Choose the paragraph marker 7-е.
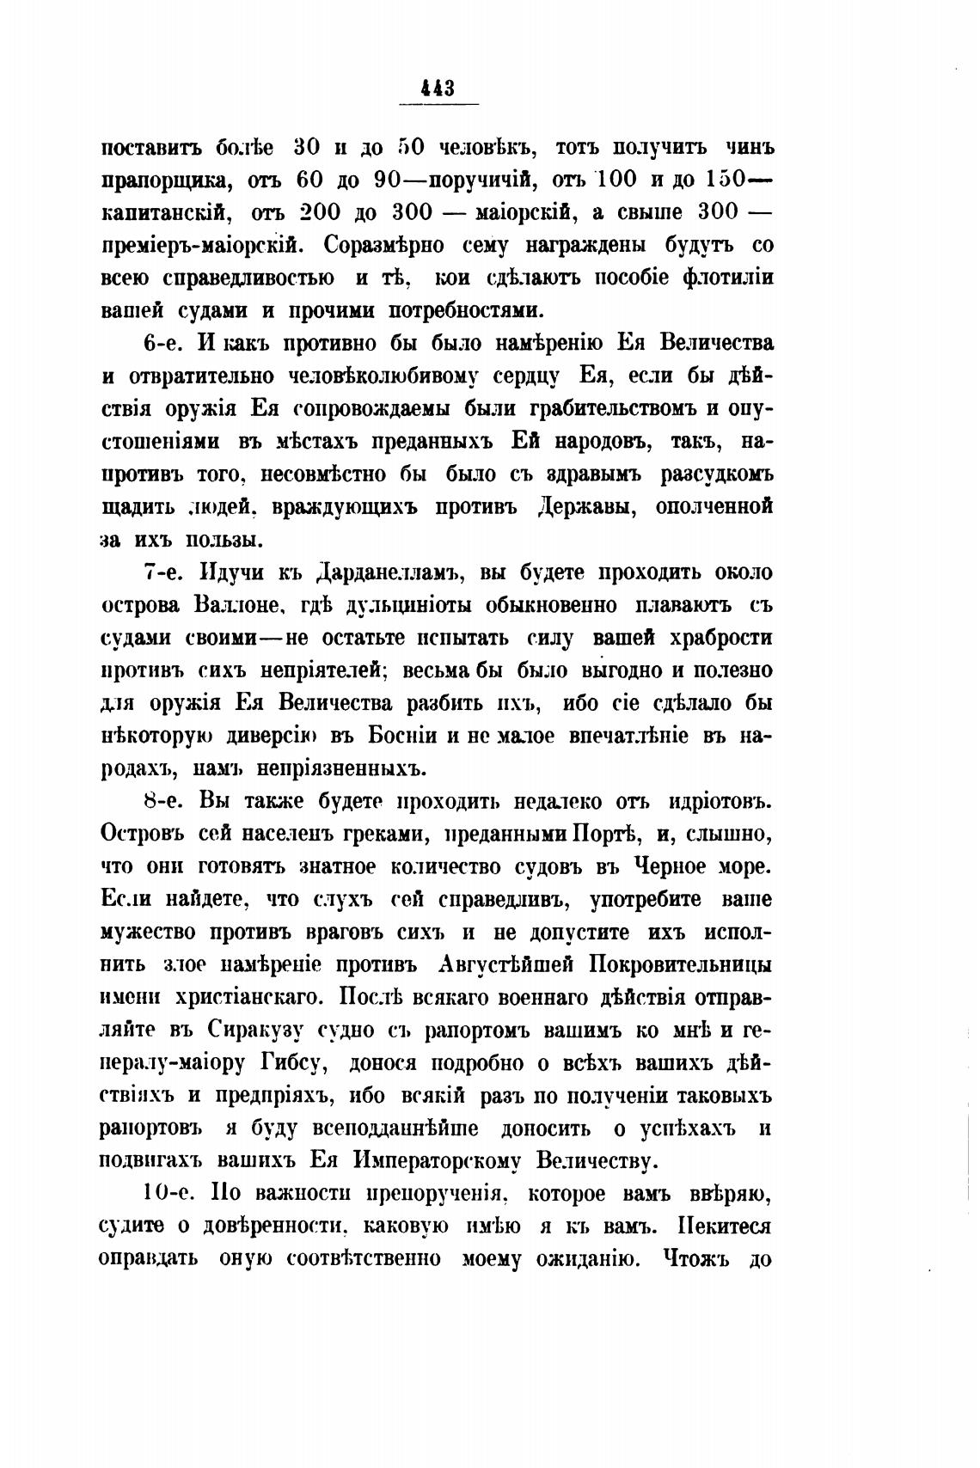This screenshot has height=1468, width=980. (x=162, y=572)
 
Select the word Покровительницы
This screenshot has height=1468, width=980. (x=680, y=964)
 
